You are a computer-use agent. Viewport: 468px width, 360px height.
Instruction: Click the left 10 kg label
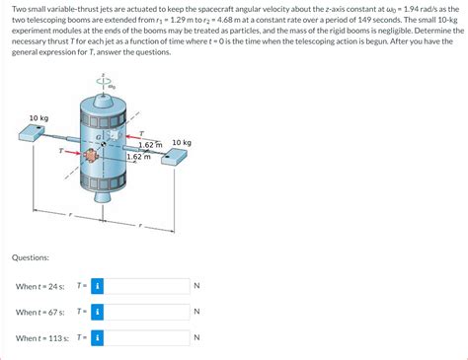pyautogui.click(x=39, y=118)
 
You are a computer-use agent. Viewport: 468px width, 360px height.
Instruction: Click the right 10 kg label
pyautogui.click(x=182, y=143)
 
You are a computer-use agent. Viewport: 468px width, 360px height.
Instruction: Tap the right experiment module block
pyautogui.click(x=174, y=157)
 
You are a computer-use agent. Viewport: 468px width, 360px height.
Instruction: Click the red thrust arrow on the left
pyautogui.click(x=73, y=152)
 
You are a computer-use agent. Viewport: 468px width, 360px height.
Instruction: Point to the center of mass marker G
pyautogui.click(x=104, y=144)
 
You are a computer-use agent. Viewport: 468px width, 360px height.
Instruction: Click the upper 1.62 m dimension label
pyautogui.click(x=150, y=145)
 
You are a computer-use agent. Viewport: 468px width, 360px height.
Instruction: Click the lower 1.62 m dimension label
pyautogui.click(x=139, y=157)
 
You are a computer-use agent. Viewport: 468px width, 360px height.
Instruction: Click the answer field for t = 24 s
pyautogui.click(x=147, y=286)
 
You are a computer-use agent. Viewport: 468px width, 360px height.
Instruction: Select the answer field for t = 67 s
pyautogui.click(x=147, y=312)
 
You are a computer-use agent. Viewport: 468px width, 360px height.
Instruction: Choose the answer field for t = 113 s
pyautogui.click(x=147, y=337)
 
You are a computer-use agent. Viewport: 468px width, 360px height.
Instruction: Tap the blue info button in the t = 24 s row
pyautogui.click(x=98, y=286)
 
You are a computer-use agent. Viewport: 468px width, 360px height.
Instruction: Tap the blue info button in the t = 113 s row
pyautogui.click(x=98, y=337)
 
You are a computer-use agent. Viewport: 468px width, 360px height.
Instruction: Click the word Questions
pyautogui.click(x=31, y=257)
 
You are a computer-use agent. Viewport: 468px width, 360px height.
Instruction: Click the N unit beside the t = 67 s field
pyautogui.click(x=196, y=312)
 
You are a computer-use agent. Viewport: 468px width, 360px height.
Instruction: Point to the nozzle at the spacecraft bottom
pyautogui.click(x=104, y=197)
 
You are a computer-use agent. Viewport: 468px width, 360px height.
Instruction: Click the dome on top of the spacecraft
pyautogui.click(x=104, y=101)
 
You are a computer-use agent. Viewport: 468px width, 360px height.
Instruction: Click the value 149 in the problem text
pyautogui.click(x=364, y=20)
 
